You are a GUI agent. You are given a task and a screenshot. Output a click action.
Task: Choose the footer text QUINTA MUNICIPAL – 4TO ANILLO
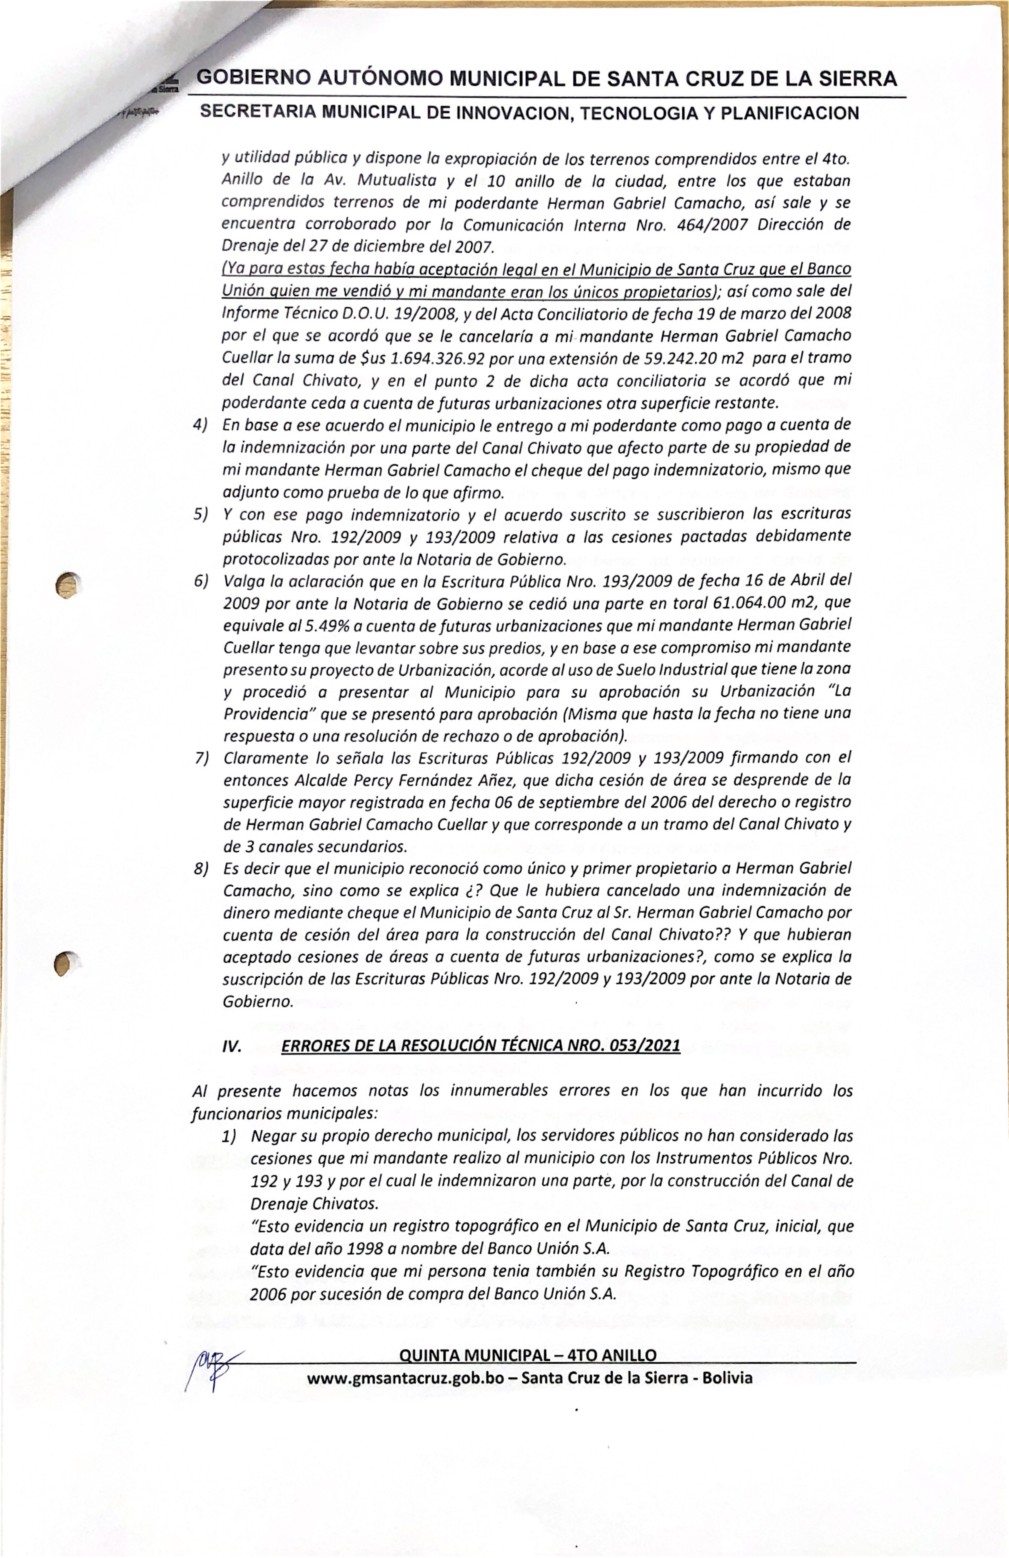pyautogui.click(x=527, y=1355)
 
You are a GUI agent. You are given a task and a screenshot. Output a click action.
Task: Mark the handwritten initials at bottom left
pyautogui.click(x=213, y=1366)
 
